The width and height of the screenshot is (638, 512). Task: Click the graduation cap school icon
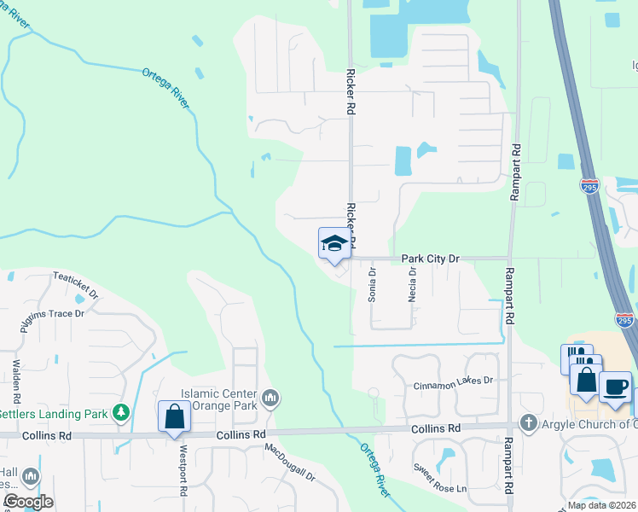(334, 243)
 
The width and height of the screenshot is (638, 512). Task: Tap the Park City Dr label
(430, 258)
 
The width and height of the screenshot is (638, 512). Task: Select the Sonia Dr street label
(372, 284)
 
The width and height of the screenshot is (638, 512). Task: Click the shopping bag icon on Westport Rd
(174, 417)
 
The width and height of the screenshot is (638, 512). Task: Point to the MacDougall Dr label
(290, 462)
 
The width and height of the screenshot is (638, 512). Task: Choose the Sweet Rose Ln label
(440, 478)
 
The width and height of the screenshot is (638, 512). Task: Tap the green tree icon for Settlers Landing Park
(121, 414)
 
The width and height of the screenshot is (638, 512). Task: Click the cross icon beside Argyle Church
(528, 424)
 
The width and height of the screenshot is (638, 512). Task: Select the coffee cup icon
(616, 387)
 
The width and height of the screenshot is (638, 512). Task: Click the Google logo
(27, 502)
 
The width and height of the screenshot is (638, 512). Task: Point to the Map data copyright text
(602, 505)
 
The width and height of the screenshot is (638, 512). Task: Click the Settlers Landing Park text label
(55, 415)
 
